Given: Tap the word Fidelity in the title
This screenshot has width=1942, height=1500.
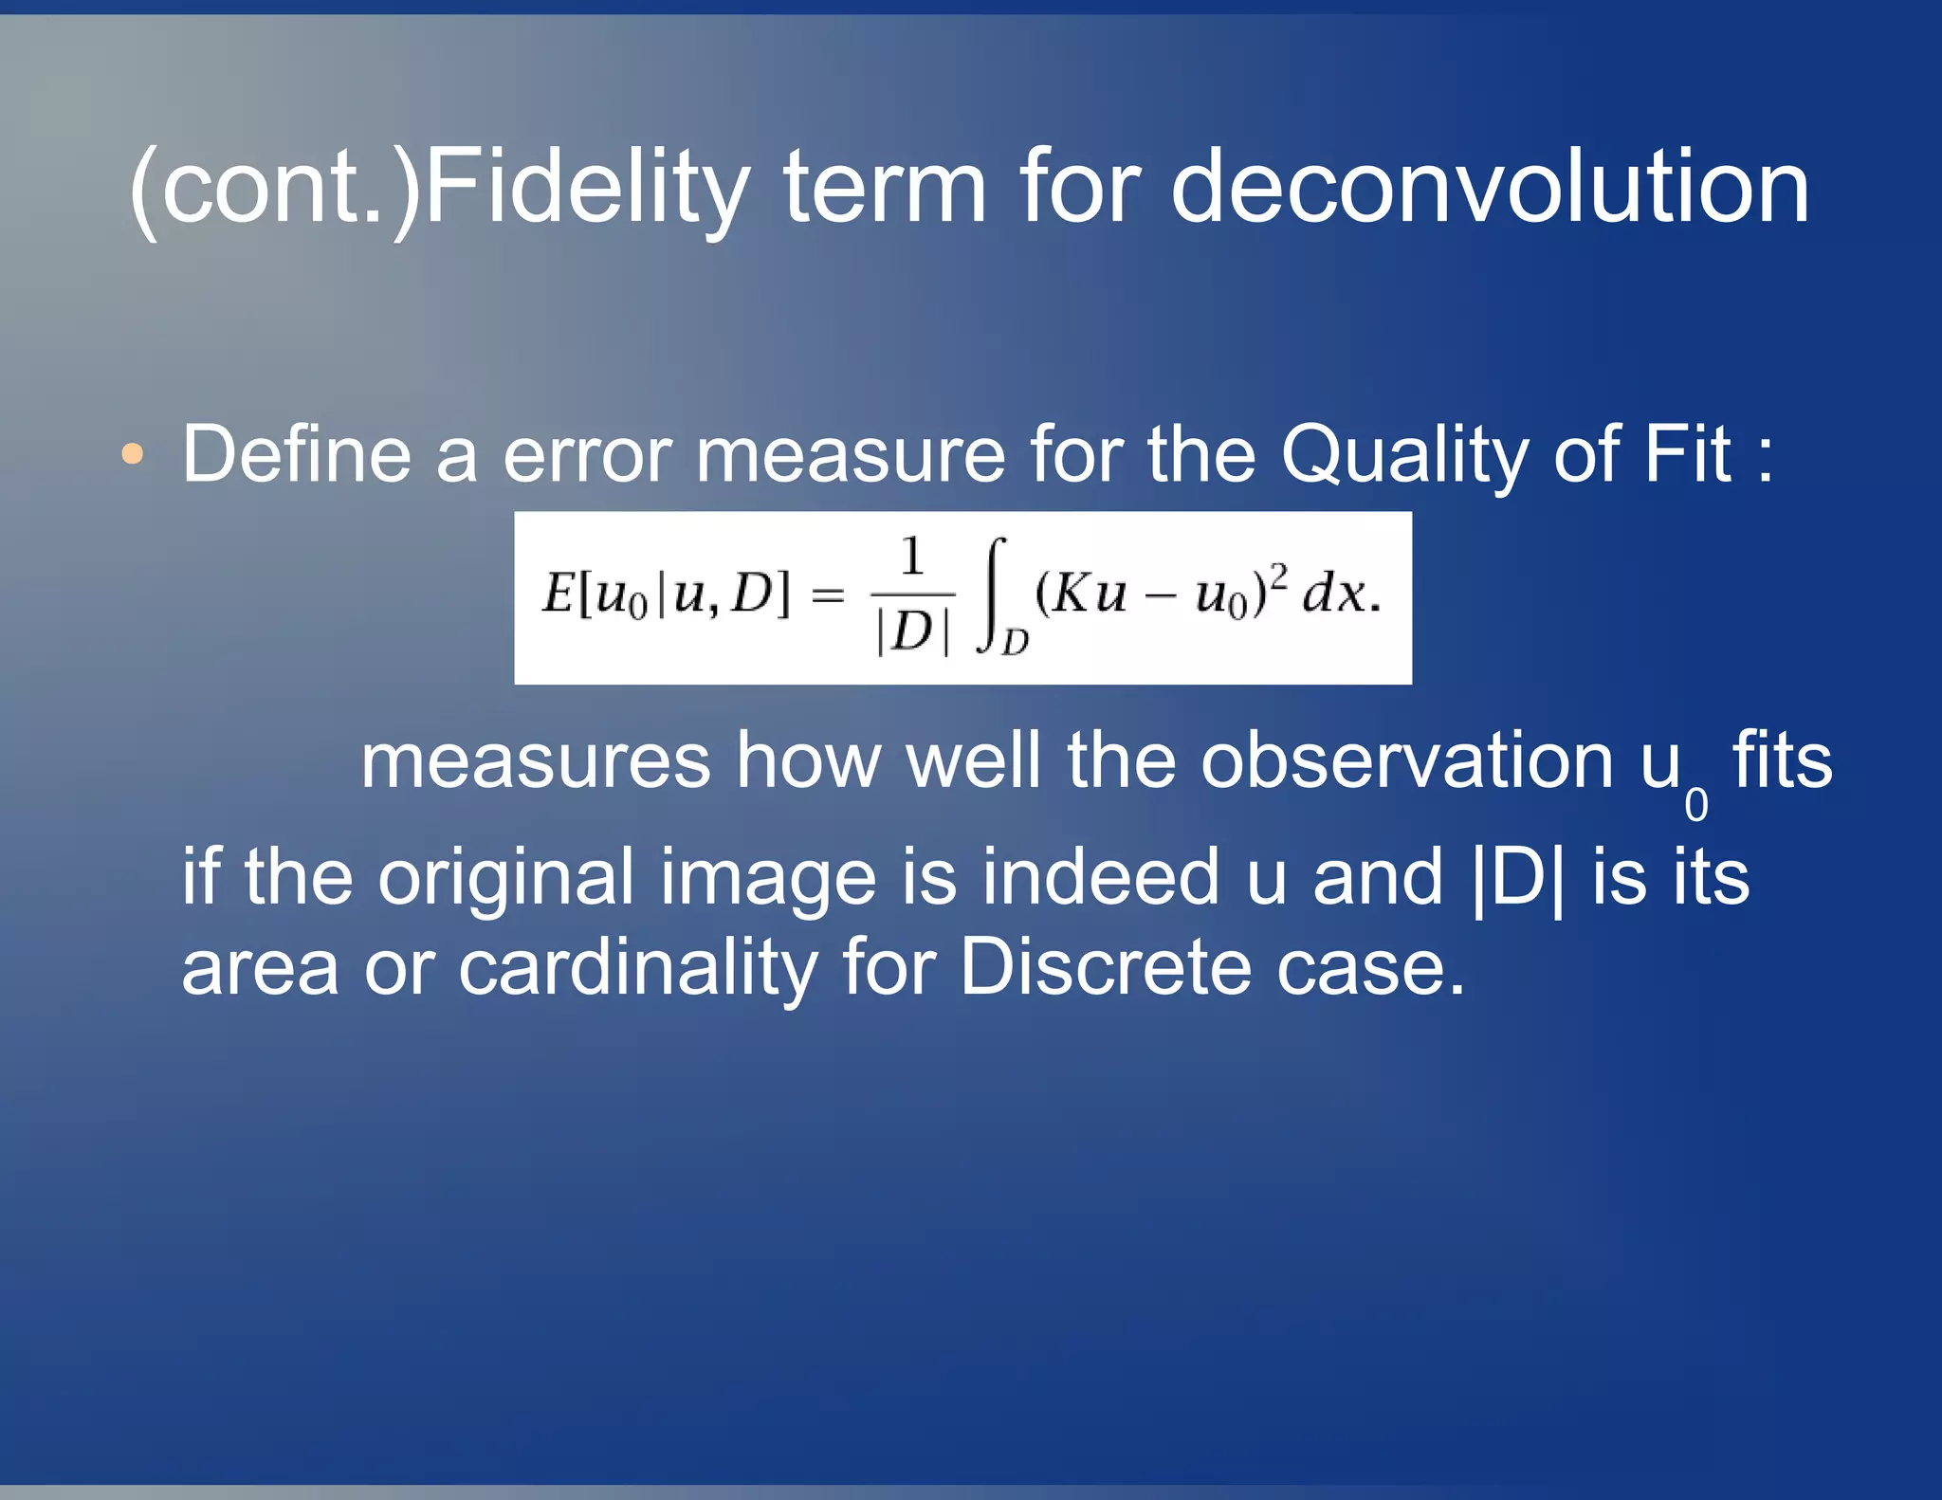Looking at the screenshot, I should (x=587, y=190).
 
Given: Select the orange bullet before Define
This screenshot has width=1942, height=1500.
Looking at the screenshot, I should (x=133, y=454).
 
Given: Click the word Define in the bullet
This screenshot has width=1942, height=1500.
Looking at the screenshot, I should (x=296, y=454).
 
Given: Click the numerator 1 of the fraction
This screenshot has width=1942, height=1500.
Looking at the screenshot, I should (x=911, y=557).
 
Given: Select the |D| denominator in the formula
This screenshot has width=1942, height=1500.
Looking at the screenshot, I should (x=911, y=631).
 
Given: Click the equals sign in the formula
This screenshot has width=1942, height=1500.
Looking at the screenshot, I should (x=828, y=595).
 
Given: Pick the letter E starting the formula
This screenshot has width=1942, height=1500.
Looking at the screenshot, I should (x=557, y=594).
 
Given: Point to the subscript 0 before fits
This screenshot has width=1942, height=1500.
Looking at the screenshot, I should (x=1696, y=805).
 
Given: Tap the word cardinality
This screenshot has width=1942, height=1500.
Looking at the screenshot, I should (x=637, y=969).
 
